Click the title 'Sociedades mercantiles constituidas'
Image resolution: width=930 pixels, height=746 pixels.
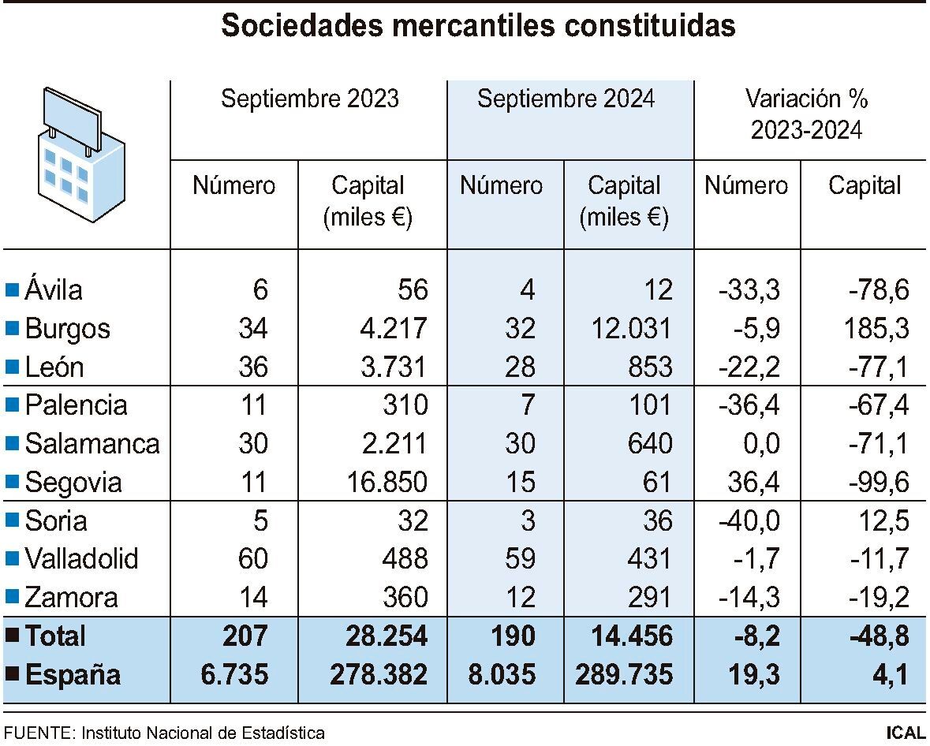478,26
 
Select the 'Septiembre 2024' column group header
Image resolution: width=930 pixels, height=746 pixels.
566,99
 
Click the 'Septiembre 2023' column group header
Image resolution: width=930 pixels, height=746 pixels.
310,99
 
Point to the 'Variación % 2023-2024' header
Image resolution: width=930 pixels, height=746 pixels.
806,114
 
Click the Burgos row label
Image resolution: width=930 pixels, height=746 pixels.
67,329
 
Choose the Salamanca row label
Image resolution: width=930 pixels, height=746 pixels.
92,444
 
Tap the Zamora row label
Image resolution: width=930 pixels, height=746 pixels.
71,597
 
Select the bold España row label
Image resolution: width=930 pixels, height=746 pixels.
73,675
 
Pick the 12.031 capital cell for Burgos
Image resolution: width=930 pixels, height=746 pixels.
629,329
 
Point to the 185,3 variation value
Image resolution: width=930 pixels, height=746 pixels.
875,329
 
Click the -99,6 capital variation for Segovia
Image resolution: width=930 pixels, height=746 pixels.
873,482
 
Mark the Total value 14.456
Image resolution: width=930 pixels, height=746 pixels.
628,636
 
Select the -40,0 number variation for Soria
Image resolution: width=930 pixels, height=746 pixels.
749,520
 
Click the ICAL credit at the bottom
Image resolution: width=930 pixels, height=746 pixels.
904,733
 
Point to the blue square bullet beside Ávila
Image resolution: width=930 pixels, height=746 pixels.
12,290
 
